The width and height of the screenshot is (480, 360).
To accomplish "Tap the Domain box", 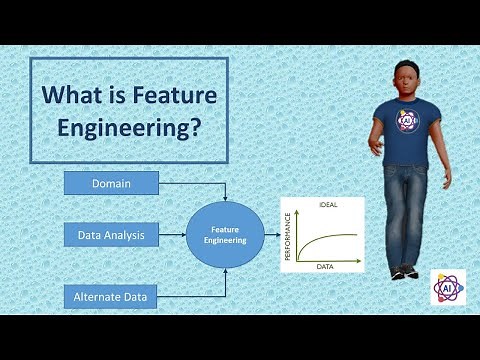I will (x=111, y=184).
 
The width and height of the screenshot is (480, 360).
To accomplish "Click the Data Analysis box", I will (x=111, y=237).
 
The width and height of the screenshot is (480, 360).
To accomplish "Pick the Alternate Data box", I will (x=111, y=296).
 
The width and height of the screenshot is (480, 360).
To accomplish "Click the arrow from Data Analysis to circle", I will (x=172, y=237).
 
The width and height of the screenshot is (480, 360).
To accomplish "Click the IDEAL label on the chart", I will (x=326, y=204).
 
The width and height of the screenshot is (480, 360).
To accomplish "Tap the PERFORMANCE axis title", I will (x=289, y=237).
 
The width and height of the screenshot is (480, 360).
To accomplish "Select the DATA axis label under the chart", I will (x=326, y=268).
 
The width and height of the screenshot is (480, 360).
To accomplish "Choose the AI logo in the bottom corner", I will (x=445, y=286).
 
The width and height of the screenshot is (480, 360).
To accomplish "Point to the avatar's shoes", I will (x=402, y=270).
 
